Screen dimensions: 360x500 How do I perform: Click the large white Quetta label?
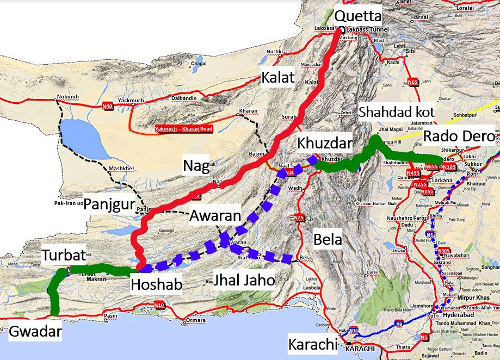(358, 15)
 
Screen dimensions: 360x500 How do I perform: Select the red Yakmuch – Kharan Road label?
(183, 129)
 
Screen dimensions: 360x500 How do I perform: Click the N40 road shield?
(108, 106)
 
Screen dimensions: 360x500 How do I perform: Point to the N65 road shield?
(413, 82)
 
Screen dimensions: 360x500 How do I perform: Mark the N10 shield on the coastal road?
(159, 306)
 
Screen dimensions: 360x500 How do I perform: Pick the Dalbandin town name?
(182, 97)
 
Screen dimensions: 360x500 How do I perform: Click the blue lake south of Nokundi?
(80, 136)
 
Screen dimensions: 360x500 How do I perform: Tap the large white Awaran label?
(215, 216)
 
